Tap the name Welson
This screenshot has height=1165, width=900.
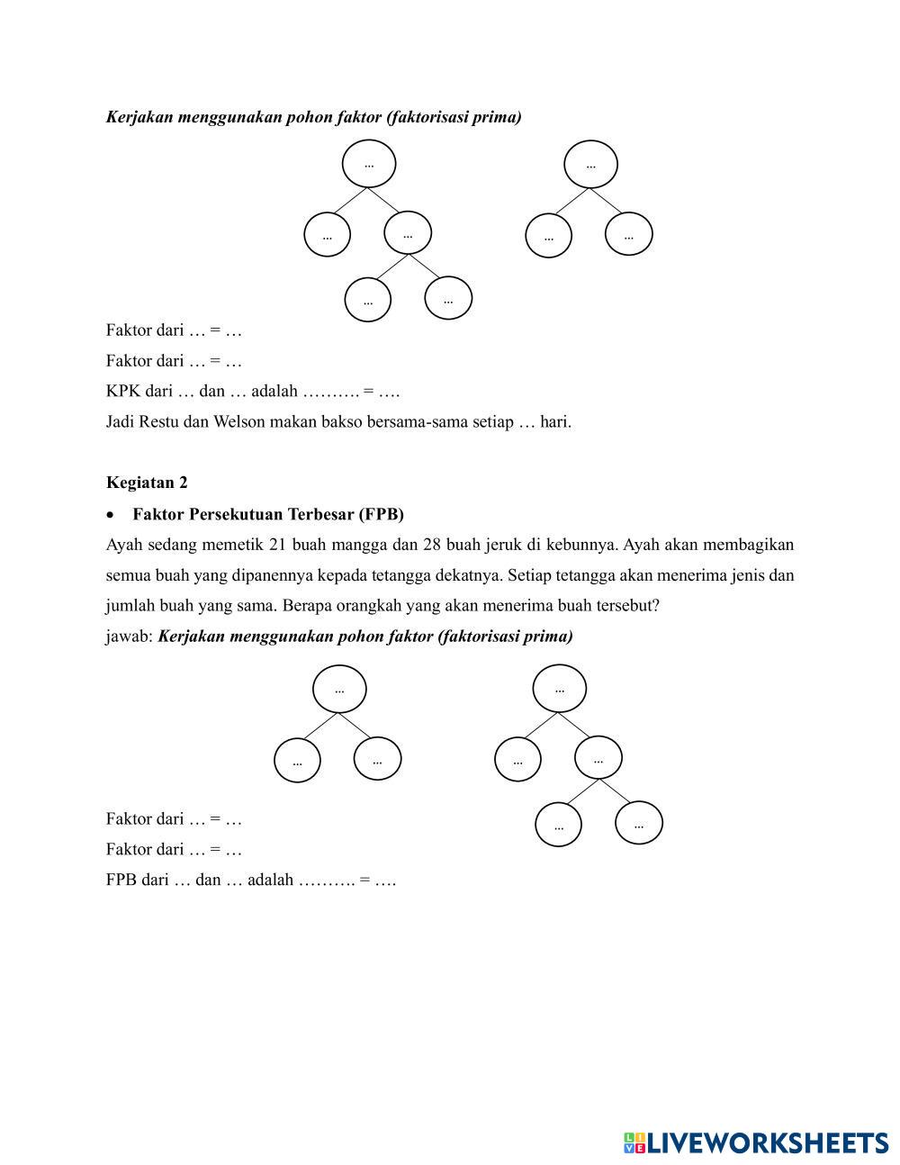pyautogui.click(x=238, y=421)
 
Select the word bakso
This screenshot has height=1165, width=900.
pyautogui.click(x=342, y=421)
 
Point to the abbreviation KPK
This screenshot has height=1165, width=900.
pyautogui.click(x=123, y=392)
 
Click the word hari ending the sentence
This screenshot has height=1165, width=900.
pyautogui.click(x=554, y=421)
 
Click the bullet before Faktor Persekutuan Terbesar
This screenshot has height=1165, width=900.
pyautogui.click(x=111, y=516)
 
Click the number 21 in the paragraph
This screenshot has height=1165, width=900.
pyautogui.click(x=277, y=545)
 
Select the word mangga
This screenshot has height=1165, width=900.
pyautogui.click(x=359, y=546)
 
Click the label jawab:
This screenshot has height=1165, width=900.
pyautogui.click(x=130, y=637)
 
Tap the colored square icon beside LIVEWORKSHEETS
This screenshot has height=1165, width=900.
pyautogui.click(x=635, y=1143)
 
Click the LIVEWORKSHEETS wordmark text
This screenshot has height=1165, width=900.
pyautogui.click(x=768, y=1143)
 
